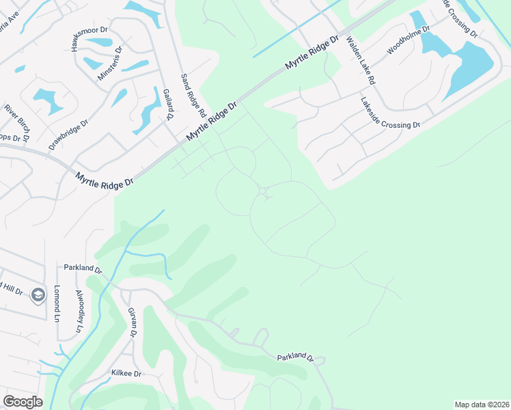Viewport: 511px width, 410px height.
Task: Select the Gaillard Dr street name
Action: coord(165,104)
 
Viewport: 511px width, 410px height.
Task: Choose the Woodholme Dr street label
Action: coord(409,41)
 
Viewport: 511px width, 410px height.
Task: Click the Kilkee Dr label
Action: coord(126,374)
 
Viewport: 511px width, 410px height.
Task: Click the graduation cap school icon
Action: coord(39,295)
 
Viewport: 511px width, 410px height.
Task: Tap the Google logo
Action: coord(23,402)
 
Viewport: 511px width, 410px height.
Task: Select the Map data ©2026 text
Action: coord(481,405)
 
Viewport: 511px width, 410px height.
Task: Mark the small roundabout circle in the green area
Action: coord(263,191)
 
